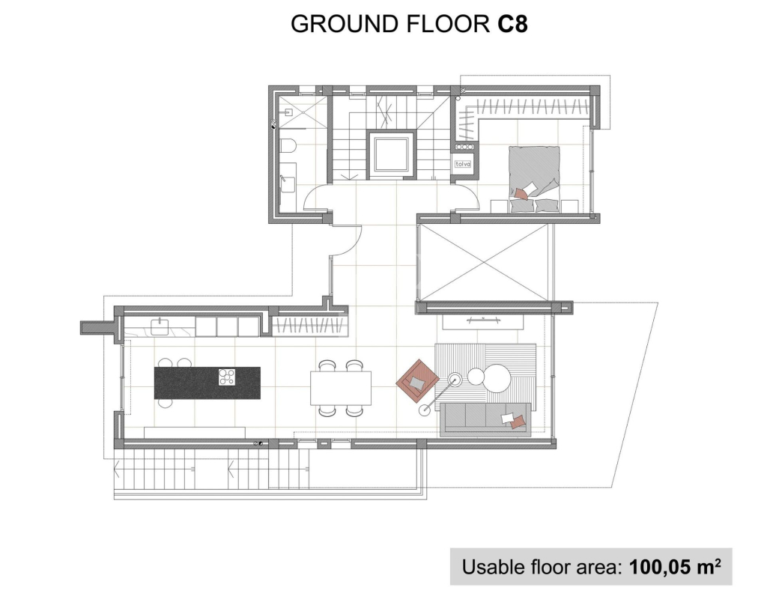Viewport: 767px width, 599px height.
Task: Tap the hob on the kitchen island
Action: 227,377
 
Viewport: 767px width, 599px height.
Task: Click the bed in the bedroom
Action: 534,179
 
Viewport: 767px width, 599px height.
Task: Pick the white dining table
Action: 341,389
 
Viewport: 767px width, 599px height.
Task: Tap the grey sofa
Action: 485,419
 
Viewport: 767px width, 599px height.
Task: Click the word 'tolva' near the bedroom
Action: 463,164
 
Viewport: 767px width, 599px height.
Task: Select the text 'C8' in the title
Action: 512,23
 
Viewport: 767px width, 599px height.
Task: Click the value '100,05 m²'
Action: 675,567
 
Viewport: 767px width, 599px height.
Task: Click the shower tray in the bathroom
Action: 303,112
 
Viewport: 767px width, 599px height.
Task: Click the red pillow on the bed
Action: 521,195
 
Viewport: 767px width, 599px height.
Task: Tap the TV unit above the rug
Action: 483,321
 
